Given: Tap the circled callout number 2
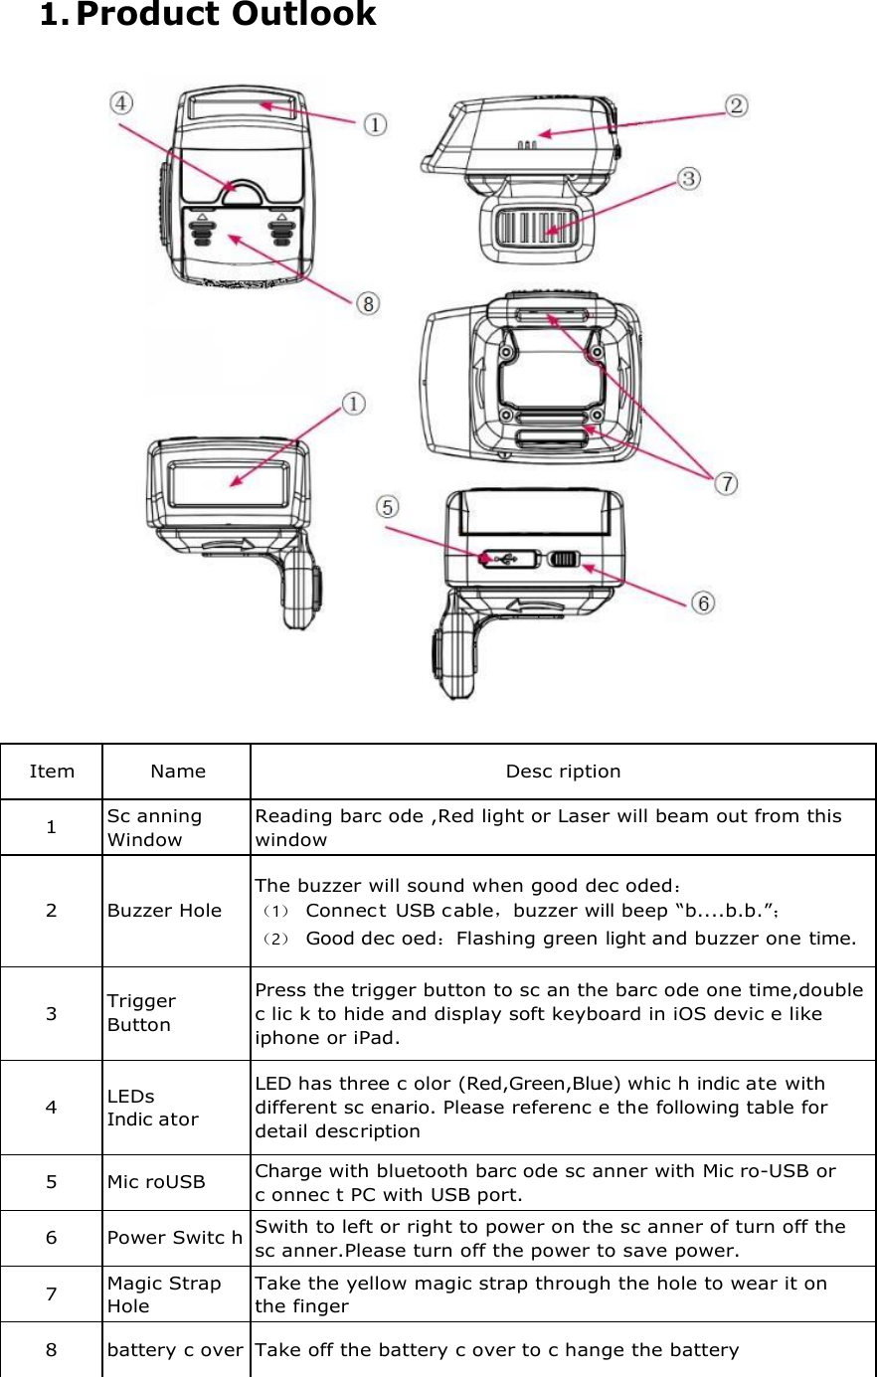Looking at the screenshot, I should click(736, 105).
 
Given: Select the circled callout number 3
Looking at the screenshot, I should click(689, 179).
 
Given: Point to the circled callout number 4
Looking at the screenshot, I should click(120, 103).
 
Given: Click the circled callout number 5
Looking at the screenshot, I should click(387, 507).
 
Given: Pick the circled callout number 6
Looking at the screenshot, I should click(703, 602).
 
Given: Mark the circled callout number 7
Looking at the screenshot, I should click(727, 483).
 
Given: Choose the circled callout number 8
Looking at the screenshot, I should click(368, 303).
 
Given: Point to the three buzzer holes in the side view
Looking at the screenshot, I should click(528, 145).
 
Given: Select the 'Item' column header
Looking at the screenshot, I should click(52, 772).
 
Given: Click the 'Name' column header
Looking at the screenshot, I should click(178, 772).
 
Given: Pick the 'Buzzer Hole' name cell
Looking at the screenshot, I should click(164, 911).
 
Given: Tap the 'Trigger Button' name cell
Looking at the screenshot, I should click(141, 1013).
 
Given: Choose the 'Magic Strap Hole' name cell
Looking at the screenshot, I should click(164, 1294).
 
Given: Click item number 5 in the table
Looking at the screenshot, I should click(52, 1182).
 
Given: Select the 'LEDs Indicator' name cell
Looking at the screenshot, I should click(152, 1108).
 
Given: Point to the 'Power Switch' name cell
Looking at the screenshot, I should click(175, 1238).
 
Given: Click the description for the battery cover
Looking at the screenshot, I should click(497, 1350).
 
